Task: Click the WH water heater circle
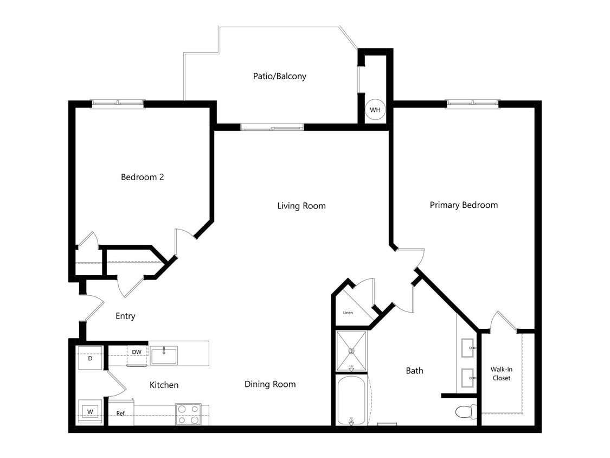pyautogui.click(x=375, y=110)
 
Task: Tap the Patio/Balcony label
pyautogui.click(x=279, y=76)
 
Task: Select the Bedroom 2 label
pyautogui.click(x=142, y=177)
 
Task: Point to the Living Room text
pyautogui.click(x=301, y=206)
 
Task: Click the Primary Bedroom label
pyautogui.click(x=464, y=205)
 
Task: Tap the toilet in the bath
pyautogui.click(x=465, y=411)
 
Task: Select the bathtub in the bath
pyautogui.click(x=351, y=400)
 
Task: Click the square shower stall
pyautogui.click(x=351, y=351)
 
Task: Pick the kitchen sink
pyautogui.click(x=163, y=356)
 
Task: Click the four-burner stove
pyautogui.click(x=188, y=414)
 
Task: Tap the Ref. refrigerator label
pyautogui.click(x=121, y=414)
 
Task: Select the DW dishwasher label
pyautogui.click(x=137, y=352)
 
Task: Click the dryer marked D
pyautogui.click(x=90, y=359)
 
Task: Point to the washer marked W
pyautogui.click(x=90, y=411)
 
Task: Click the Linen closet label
pyautogui.click(x=348, y=313)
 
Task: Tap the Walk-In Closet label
pyautogui.click(x=502, y=373)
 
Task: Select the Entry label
pyautogui.click(x=125, y=316)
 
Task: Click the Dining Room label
pyautogui.click(x=270, y=384)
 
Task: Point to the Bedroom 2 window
pyautogui.click(x=118, y=104)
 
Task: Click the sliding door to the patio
pyautogui.click(x=272, y=128)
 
